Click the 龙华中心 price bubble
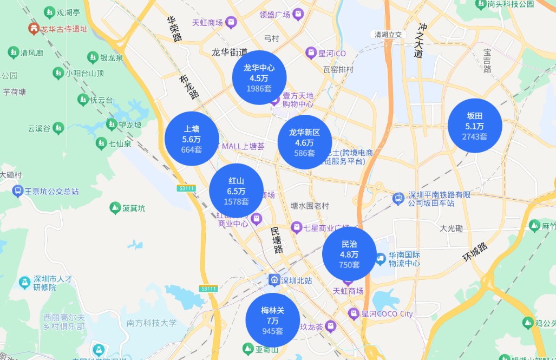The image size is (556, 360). [x=259, y=77]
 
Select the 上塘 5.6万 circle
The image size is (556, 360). [x=192, y=139]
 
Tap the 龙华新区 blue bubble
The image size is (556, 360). [x=304, y=142]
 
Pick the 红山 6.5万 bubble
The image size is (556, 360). [x=236, y=191]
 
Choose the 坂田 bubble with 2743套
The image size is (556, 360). [x=474, y=126]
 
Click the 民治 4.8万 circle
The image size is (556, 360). [x=349, y=254]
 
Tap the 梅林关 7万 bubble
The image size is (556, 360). [x=272, y=320]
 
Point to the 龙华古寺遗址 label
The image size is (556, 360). [x=64, y=28]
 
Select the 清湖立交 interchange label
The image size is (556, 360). [x=388, y=35]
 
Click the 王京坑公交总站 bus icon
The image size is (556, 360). [x=17, y=191]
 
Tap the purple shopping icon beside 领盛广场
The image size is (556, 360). [x=298, y=15]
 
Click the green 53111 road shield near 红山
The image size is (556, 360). [x=186, y=188]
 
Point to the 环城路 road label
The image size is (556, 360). [x=475, y=253]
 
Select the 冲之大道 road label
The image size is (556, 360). [x=421, y=40]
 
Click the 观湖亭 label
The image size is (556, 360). [x=68, y=11]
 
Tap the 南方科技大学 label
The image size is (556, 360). [x=152, y=323]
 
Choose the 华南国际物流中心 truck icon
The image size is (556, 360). [x=380, y=259]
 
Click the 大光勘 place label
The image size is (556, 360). [x=451, y=228]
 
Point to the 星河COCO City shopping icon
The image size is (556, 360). [x=354, y=313]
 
